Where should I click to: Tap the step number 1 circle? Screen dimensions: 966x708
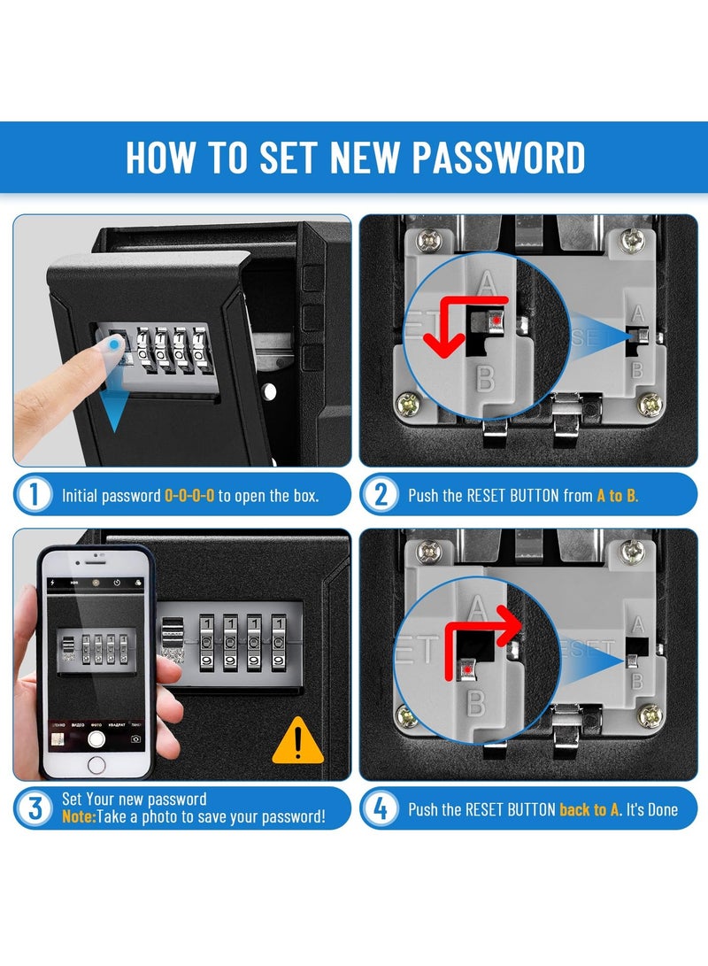pos(34,494)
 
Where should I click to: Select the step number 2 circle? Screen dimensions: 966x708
pos(381,494)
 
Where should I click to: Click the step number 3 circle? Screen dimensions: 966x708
pos(34,808)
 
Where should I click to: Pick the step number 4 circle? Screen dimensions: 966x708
pos(381,808)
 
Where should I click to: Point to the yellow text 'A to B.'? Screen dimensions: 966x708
pos(617,496)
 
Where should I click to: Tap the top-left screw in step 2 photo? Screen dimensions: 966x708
pos(431,238)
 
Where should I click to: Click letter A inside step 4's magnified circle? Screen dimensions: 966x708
pos(476,608)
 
